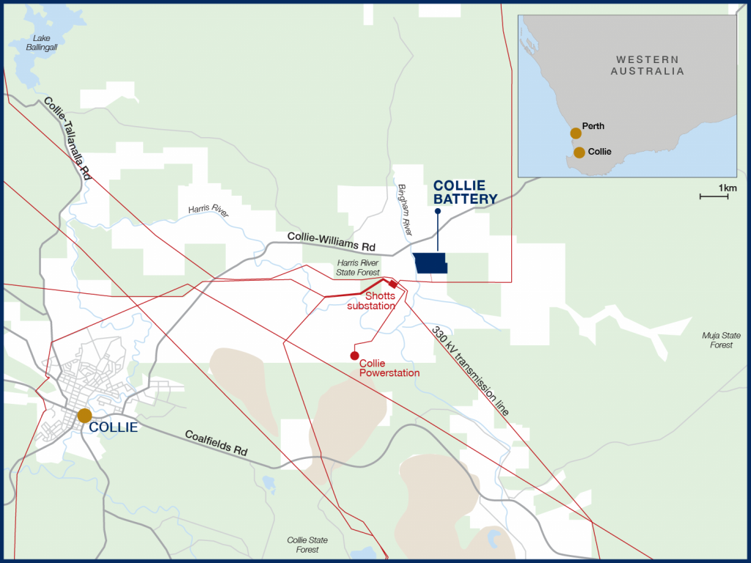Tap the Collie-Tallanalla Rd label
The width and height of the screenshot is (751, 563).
click(67, 139)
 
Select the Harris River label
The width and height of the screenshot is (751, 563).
click(208, 211)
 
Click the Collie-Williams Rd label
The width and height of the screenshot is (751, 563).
click(331, 242)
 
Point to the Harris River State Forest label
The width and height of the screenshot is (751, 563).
click(358, 267)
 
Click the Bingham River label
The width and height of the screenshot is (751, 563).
click(404, 209)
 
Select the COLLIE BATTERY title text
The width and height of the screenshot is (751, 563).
click(465, 192)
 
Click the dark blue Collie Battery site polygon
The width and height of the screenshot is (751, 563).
click(430, 263)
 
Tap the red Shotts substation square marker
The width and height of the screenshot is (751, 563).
click(392, 284)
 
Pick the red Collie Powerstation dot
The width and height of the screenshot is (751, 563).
click(354, 356)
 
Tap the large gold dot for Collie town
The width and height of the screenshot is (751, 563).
click(84, 416)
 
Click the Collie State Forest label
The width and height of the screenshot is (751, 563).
click(307, 545)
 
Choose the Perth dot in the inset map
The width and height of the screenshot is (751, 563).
click(576, 133)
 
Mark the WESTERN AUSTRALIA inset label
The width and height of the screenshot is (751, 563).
click(648, 65)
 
